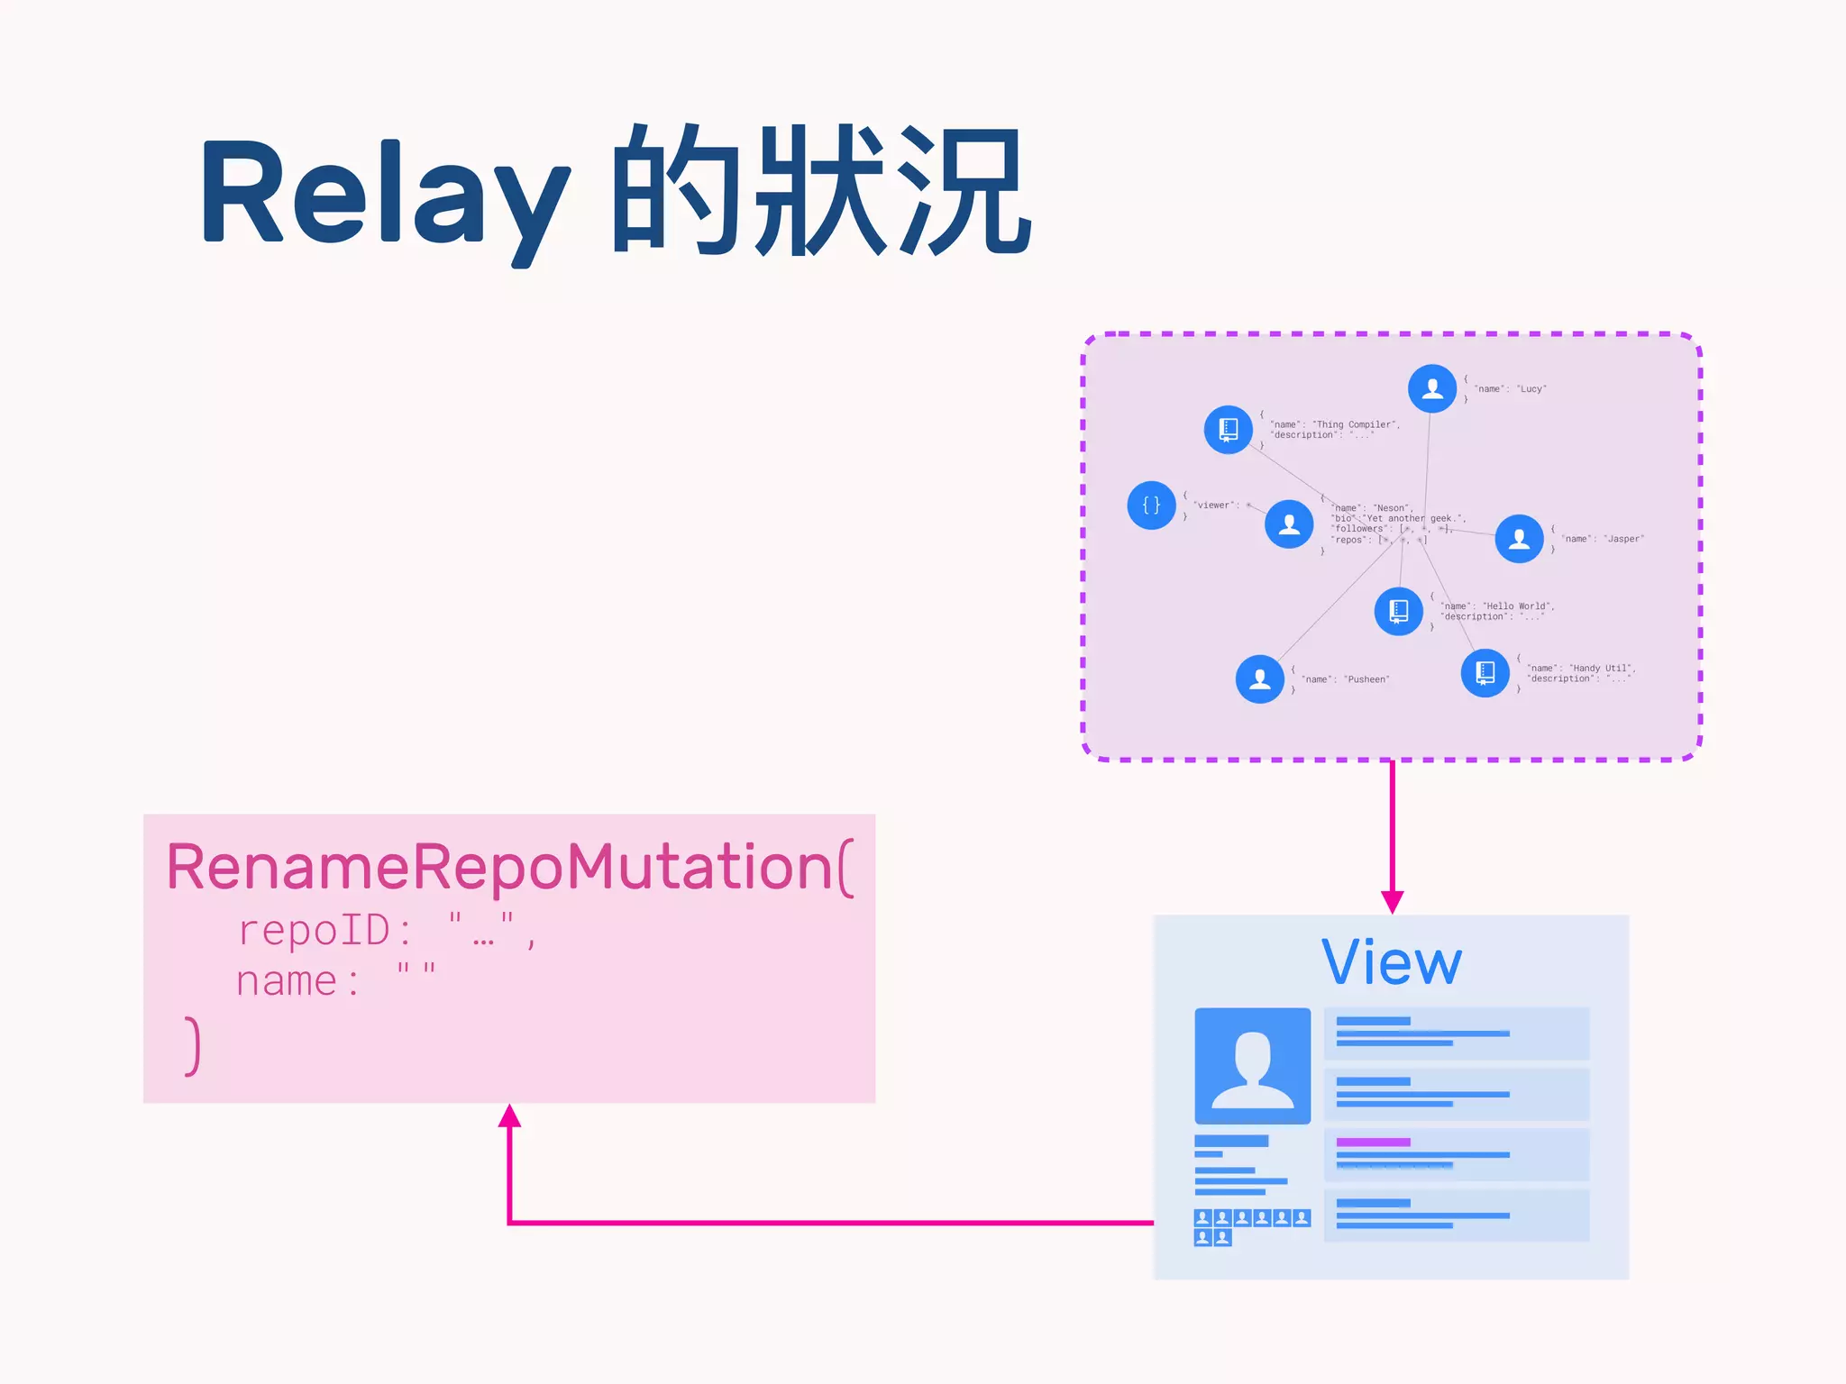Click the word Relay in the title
(x=383, y=194)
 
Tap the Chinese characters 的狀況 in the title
(x=820, y=192)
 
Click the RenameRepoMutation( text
(x=509, y=867)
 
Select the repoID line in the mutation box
(x=388, y=930)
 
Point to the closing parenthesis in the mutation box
(x=192, y=1046)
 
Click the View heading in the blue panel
(x=1391, y=962)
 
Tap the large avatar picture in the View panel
(x=1252, y=1065)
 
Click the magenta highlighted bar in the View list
(x=1373, y=1142)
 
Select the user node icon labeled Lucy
(x=1431, y=388)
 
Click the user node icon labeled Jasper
(x=1519, y=539)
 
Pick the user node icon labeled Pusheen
(x=1259, y=679)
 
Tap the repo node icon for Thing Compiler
(x=1228, y=430)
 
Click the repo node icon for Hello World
(x=1398, y=611)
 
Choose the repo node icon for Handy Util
(x=1485, y=673)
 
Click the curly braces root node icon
(x=1151, y=505)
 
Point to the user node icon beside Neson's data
(x=1289, y=524)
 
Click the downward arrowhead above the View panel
(x=1392, y=902)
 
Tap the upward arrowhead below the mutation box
(x=509, y=1116)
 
